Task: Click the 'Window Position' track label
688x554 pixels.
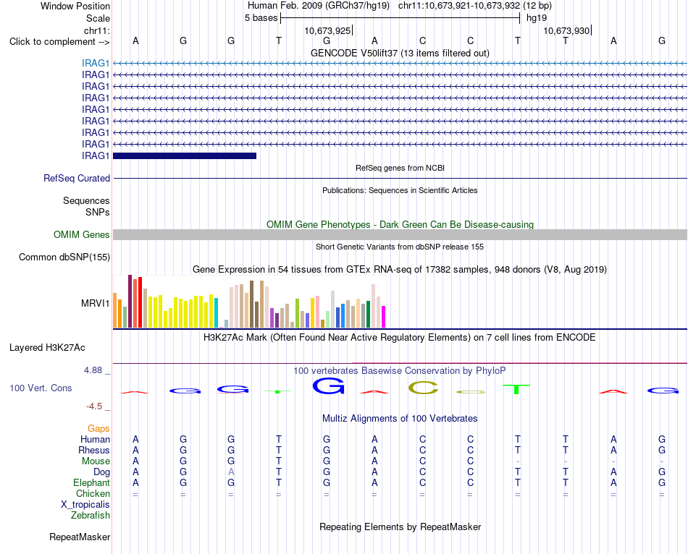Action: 75,6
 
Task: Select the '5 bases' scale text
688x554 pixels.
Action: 261,18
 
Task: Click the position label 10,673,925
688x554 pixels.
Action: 328,30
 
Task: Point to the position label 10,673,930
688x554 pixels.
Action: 566,30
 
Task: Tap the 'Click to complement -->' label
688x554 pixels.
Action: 59,42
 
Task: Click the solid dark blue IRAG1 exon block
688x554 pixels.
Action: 185,155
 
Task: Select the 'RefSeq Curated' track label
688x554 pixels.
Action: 77,179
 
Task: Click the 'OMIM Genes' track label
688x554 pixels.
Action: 82,234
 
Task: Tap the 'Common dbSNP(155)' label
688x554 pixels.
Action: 64,257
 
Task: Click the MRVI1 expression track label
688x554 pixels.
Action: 95,303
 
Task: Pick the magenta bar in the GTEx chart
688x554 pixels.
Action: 384,317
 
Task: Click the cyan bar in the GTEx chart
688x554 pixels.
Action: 216,312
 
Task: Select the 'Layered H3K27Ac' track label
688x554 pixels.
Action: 47,348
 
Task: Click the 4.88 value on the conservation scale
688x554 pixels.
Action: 93,370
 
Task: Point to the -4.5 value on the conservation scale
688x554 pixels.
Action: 94,406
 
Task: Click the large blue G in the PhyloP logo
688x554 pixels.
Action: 328,385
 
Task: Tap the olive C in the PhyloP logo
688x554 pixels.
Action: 423,388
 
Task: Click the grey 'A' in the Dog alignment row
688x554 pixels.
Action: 231,472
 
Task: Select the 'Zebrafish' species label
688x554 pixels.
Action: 91,516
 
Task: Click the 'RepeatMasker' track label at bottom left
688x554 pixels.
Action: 80,537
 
